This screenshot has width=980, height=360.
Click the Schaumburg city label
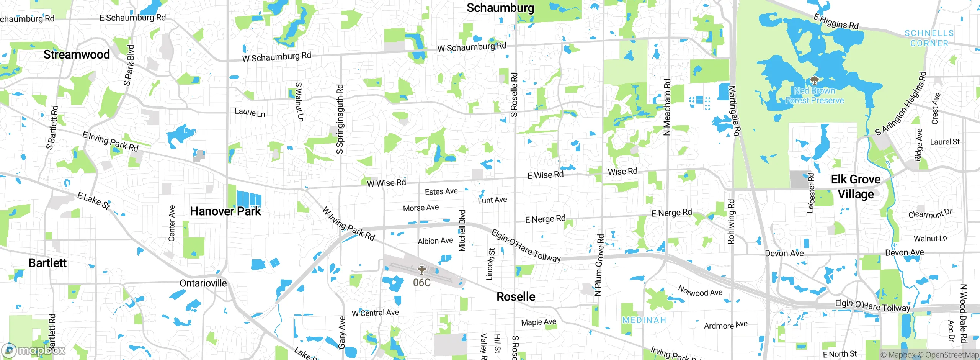(x=500, y=8)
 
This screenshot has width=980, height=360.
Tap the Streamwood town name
(x=77, y=55)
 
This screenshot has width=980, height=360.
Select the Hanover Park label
(x=225, y=211)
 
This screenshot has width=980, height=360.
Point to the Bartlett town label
(x=47, y=263)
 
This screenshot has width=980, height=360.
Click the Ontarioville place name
(x=203, y=283)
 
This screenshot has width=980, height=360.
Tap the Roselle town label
(x=516, y=297)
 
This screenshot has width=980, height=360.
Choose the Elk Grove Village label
(x=856, y=187)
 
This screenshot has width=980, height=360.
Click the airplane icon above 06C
(x=421, y=270)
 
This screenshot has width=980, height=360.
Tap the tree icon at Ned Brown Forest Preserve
(x=814, y=81)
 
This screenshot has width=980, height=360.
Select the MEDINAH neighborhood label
(x=644, y=321)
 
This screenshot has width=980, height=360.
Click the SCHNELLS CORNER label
(x=929, y=38)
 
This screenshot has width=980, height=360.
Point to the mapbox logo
(x=34, y=350)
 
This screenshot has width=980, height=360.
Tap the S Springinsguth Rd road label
(x=340, y=119)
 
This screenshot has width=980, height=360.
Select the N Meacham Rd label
(x=667, y=108)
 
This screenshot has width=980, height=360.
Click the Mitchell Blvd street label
(x=462, y=231)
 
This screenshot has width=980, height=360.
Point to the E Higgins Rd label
(x=836, y=21)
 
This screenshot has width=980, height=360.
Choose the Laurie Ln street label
(x=250, y=113)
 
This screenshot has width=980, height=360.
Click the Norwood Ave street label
(x=700, y=291)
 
